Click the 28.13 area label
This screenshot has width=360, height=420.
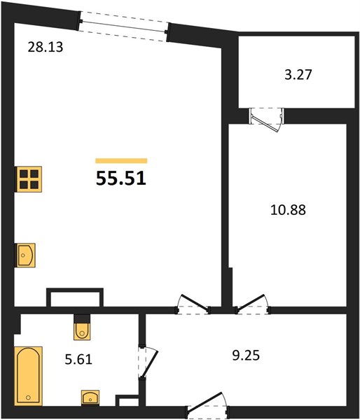coord(46,47)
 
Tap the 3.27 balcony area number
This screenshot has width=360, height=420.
coord(298,75)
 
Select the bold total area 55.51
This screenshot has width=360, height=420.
coord(121,178)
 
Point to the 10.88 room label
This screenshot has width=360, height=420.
coord(288,210)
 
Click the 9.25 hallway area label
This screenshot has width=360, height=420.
coord(246,356)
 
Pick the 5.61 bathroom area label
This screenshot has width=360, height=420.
coord(78,359)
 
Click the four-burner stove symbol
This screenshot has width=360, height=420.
coord(29,179)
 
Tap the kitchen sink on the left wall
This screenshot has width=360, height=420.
coord(26,255)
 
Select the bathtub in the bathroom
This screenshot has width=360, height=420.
coord(28,376)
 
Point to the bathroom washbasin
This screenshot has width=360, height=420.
coord(90,397)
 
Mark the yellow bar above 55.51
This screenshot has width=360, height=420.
coord(121,161)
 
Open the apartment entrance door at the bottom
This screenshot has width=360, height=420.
coord(207,405)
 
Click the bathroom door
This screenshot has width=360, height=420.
coord(147,362)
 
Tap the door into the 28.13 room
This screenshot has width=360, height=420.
coord(193,304)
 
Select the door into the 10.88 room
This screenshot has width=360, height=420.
coord(253,304)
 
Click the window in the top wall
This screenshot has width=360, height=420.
coord(124,27)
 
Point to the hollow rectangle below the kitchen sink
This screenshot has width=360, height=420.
coord(75,297)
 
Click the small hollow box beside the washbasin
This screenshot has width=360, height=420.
coord(127,400)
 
